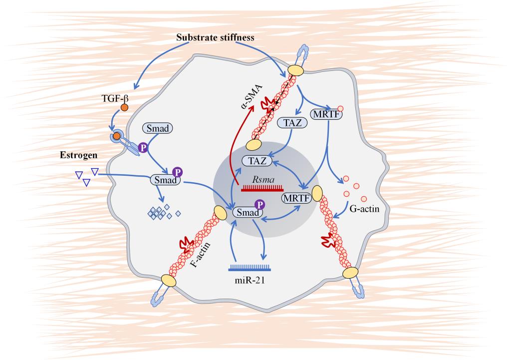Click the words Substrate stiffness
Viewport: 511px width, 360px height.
click(x=216, y=38)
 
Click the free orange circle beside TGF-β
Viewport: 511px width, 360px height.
click(x=124, y=107)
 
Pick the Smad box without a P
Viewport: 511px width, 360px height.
click(x=157, y=128)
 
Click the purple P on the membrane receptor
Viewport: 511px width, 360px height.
click(x=143, y=148)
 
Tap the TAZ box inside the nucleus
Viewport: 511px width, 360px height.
click(x=256, y=161)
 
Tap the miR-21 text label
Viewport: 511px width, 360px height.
click(x=250, y=280)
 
